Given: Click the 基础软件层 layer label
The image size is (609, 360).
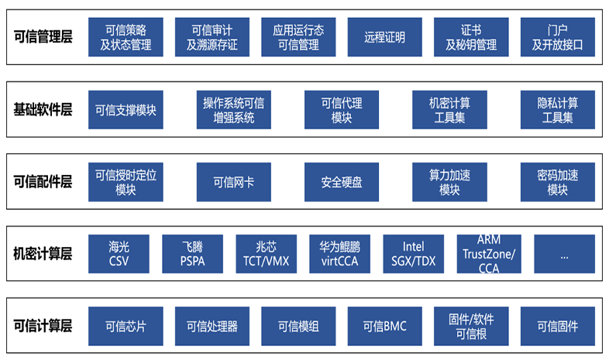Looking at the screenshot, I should coord(43,109).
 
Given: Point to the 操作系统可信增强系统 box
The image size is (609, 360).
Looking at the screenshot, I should coord(233,109).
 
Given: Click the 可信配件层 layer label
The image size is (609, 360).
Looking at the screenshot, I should coord(43,182).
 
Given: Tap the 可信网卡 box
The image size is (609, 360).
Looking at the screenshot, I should coord(233,182).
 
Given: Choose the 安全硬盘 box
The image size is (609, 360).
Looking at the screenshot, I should coord(342,182).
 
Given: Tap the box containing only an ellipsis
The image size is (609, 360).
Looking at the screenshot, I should coord(563,254).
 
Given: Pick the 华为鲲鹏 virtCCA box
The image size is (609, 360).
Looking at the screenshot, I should coord(339,254).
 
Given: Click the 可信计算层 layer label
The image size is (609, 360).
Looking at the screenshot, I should coord(43,326).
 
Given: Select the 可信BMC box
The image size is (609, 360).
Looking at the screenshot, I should coord(385,326).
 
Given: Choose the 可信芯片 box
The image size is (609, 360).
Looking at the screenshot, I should coord(126,326).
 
